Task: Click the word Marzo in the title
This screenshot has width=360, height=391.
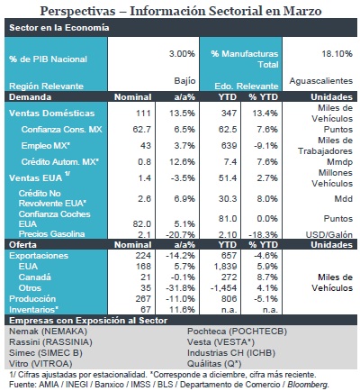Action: (x=302, y=11)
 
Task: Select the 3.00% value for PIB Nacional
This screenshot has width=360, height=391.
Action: (x=182, y=54)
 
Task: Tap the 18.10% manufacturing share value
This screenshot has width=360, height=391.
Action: (x=337, y=54)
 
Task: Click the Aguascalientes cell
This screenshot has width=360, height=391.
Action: (x=321, y=81)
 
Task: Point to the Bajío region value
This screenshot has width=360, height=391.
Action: (x=184, y=81)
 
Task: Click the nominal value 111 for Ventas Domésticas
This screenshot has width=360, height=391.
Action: (x=143, y=114)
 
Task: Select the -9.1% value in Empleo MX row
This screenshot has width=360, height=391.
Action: (x=265, y=146)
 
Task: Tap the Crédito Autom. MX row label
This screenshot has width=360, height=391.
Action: (x=60, y=162)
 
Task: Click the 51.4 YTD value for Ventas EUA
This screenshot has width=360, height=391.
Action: (x=228, y=178)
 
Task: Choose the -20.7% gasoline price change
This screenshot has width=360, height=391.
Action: (x=180, y=234)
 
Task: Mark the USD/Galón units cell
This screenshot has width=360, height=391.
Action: (x=329, y=234)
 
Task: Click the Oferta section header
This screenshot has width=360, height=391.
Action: (x=22, y=244)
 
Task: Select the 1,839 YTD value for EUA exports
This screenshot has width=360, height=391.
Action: (x=224, y=267)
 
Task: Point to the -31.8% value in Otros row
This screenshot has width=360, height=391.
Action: (x=180, y=288)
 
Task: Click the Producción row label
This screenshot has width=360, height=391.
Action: (x=32, y=299)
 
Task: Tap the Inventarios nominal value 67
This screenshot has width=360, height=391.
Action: (x=146, y=309)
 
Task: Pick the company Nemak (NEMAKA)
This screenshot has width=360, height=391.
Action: (x=48, y=332)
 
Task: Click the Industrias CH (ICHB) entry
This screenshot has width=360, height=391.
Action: (x=231, y=353)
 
